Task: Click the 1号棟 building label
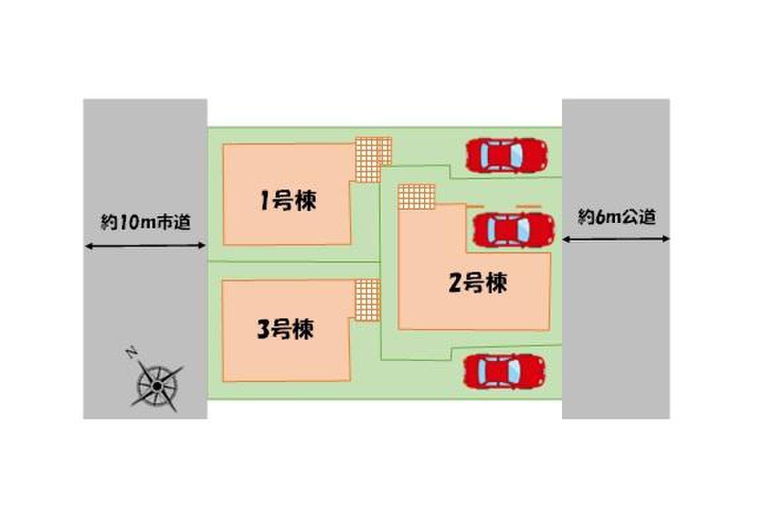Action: click(x=288, y=201)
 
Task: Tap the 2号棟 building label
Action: click(x=478, y=284)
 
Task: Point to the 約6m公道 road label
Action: click(x=616, y=217)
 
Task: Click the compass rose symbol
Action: click(x=156, y=385)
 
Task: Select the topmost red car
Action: click(x=507, y=155)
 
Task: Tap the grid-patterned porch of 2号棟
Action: click(x=416, y=196)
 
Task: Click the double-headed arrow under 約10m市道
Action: click(x=145, y=246)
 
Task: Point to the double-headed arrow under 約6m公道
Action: click(x=616, y=238)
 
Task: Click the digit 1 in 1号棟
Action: click(x=264, y=201)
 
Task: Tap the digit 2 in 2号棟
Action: click(x=455, y=284)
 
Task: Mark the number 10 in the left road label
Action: click(x=129, y=223)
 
